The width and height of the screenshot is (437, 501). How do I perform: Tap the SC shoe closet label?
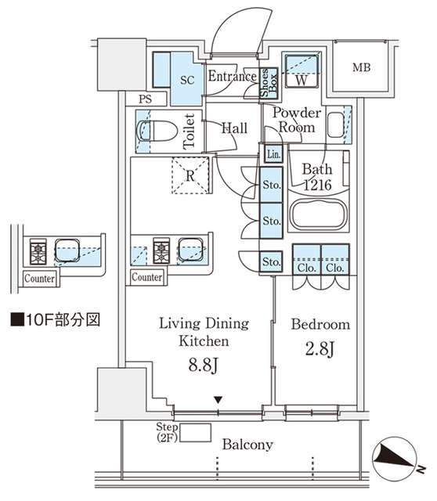coord(187,80)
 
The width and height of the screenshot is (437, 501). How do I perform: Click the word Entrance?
coord(233,76)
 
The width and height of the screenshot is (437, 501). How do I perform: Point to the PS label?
coord(145,99)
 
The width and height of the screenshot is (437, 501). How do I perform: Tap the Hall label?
coord(235,128)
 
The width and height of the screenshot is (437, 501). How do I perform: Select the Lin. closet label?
coord(273,154)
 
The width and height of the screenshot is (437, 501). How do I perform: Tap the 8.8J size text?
coord(204,365)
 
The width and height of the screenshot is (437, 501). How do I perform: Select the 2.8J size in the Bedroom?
coord(320,348)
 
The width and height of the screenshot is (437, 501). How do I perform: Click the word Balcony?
coord(247,445)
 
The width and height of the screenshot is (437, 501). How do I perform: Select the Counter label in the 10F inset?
coord(38,278)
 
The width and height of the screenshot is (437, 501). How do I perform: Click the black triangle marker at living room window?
coord(218,401)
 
